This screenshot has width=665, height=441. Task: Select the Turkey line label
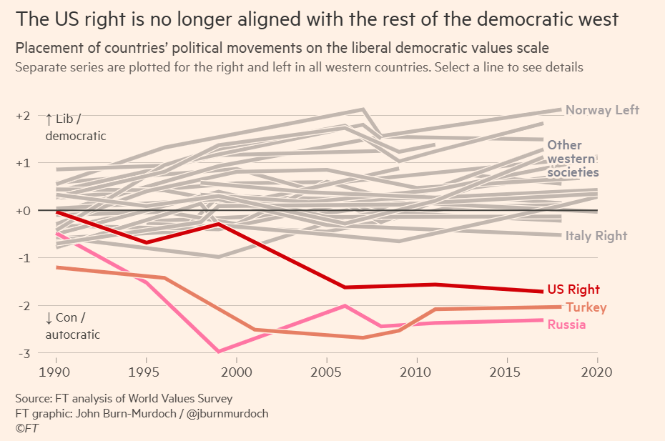(586, 307)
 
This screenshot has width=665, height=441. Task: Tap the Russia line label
(566, 324)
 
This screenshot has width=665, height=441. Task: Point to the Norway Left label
(602, 110)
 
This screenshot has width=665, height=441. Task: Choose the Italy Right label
(596, 236)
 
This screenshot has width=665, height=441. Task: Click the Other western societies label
(573, 159)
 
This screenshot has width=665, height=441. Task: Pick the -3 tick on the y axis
(23, 353)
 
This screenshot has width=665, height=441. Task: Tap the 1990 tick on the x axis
(56, 372)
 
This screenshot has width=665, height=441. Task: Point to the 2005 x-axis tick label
(327, 372)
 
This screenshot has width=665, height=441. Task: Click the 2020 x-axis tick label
(597, 372)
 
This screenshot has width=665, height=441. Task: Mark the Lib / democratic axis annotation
(75, 127)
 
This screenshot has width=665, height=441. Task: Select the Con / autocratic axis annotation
(72, 326)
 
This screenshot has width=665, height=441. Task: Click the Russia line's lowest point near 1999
(218, 352)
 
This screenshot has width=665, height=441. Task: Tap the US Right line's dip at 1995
(146, 243)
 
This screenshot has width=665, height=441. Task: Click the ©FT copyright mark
(27, 428)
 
